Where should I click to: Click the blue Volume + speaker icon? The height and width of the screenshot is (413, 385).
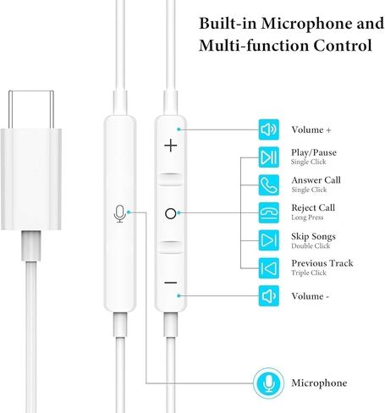[269, 129]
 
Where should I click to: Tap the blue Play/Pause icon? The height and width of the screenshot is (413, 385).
[269, 157]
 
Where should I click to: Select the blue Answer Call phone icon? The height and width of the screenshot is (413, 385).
[269, 185]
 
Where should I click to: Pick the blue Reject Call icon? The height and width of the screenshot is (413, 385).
[269, 212]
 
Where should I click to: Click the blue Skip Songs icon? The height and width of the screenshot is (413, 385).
[269, 240]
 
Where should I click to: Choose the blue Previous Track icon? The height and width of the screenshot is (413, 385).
[269, 268]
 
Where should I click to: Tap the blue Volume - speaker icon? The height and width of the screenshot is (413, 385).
[269, 296]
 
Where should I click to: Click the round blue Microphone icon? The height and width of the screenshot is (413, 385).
[268, 383]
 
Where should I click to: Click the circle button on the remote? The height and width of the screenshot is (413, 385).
[171, 213]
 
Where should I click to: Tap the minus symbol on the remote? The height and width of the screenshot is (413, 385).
[171, 283]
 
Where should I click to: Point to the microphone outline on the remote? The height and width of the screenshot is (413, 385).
[120, 213]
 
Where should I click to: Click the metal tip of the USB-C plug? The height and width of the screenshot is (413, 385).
[31, 109]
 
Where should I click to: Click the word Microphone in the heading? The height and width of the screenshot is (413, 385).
[306, 24]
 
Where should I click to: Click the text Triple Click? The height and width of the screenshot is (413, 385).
[309, 273]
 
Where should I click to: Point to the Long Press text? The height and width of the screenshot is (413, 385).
[307, 218]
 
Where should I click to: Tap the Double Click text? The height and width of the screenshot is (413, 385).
[311, 245]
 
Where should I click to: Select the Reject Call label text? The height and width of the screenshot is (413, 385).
[313, 208]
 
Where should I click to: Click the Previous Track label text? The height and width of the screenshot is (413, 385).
[322, 263]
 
